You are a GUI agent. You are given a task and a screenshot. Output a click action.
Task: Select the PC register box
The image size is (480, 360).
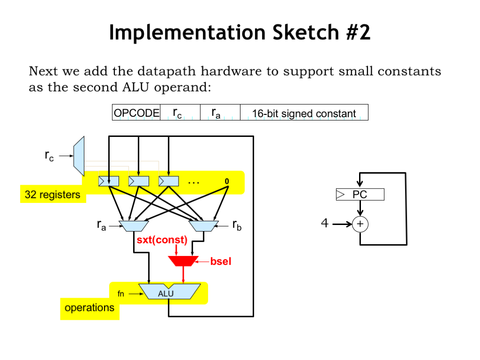point(360,195)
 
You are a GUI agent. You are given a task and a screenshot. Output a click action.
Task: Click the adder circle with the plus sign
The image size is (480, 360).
point(360,225)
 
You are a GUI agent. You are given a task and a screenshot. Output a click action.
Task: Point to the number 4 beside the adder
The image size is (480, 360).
point(325,224)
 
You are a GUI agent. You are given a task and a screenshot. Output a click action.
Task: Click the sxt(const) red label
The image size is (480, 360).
point(162,240)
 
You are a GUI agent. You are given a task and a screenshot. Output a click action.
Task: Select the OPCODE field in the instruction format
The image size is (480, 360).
point(136,113)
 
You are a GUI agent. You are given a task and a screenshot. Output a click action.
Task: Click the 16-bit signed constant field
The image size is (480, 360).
point(304,113)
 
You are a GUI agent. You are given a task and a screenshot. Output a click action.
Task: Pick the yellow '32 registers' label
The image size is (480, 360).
point(53,195)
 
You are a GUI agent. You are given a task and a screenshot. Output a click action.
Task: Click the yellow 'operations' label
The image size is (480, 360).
point(90,308)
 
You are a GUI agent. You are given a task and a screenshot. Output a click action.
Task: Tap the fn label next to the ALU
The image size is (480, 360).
point(121,294)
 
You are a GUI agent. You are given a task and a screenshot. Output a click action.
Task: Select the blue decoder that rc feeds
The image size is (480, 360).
point(79,153)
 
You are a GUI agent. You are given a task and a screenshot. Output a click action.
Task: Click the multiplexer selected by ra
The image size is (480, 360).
point(134,226)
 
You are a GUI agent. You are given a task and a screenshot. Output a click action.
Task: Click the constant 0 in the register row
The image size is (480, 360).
point(226,181)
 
